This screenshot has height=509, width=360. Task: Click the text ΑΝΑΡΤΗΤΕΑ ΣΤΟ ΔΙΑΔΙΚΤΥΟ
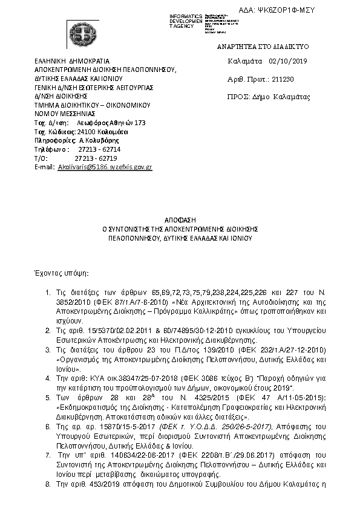(x=254, y=46)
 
